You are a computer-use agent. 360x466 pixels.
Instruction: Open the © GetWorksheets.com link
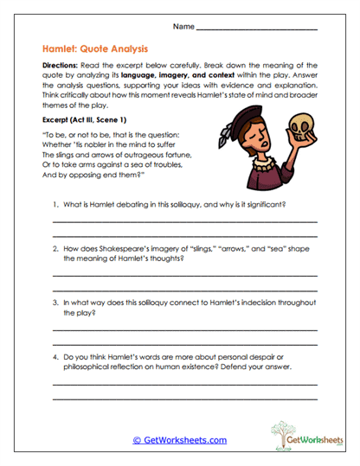179,440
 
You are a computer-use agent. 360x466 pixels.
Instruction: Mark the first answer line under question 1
184,223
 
